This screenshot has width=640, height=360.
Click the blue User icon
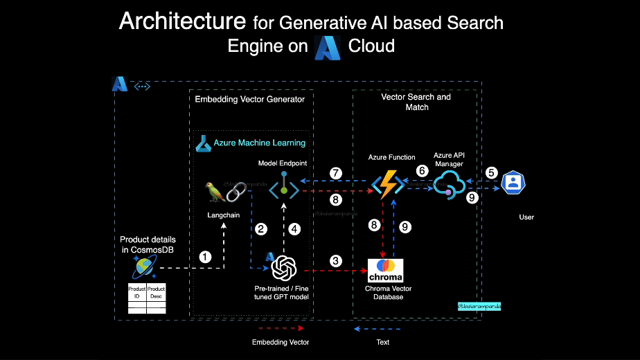point(513,183)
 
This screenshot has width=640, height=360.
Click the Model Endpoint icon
point(284,187)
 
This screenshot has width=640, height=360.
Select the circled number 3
point(336,261)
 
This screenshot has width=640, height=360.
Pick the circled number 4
point(294,228)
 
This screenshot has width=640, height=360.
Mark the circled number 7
point(336,173)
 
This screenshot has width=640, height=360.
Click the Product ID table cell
point(137,291)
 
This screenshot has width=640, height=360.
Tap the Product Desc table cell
point(157,291)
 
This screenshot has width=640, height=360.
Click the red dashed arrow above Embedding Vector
point(280,328)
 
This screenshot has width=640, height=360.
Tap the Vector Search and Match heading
point(416,102)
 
